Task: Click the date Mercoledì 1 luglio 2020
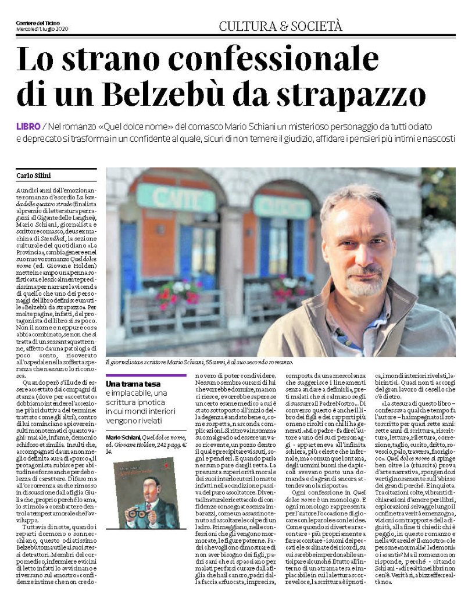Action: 43,30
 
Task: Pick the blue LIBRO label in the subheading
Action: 27,126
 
